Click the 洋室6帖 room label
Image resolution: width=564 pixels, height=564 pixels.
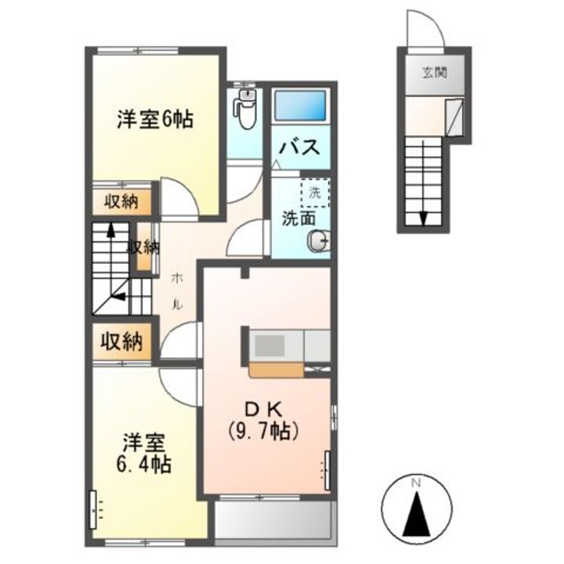point(154,119)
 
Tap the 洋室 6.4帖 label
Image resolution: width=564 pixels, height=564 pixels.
point(143,454)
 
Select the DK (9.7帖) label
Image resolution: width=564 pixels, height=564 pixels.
point(263,419)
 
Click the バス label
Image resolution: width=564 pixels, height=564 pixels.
point(300,146)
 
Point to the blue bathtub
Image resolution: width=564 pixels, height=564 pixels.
point(300,106)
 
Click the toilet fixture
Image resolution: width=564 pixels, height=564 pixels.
point(245,108)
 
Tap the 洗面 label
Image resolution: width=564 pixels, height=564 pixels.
point(298,219)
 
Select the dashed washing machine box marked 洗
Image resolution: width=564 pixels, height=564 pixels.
point(315,193)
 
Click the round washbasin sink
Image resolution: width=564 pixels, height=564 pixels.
point(318,239)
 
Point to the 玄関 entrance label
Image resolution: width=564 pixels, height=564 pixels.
point(434,73)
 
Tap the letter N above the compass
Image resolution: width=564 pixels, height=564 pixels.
point(417,483)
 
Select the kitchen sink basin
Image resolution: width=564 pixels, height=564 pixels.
point(269,345)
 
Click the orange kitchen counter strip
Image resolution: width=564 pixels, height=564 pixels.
point(277,370)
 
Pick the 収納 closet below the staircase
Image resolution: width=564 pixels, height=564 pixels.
point(122,342)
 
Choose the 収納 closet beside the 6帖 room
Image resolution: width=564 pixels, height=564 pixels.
point(121,202)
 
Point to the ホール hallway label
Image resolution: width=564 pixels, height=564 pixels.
point(177,291)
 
